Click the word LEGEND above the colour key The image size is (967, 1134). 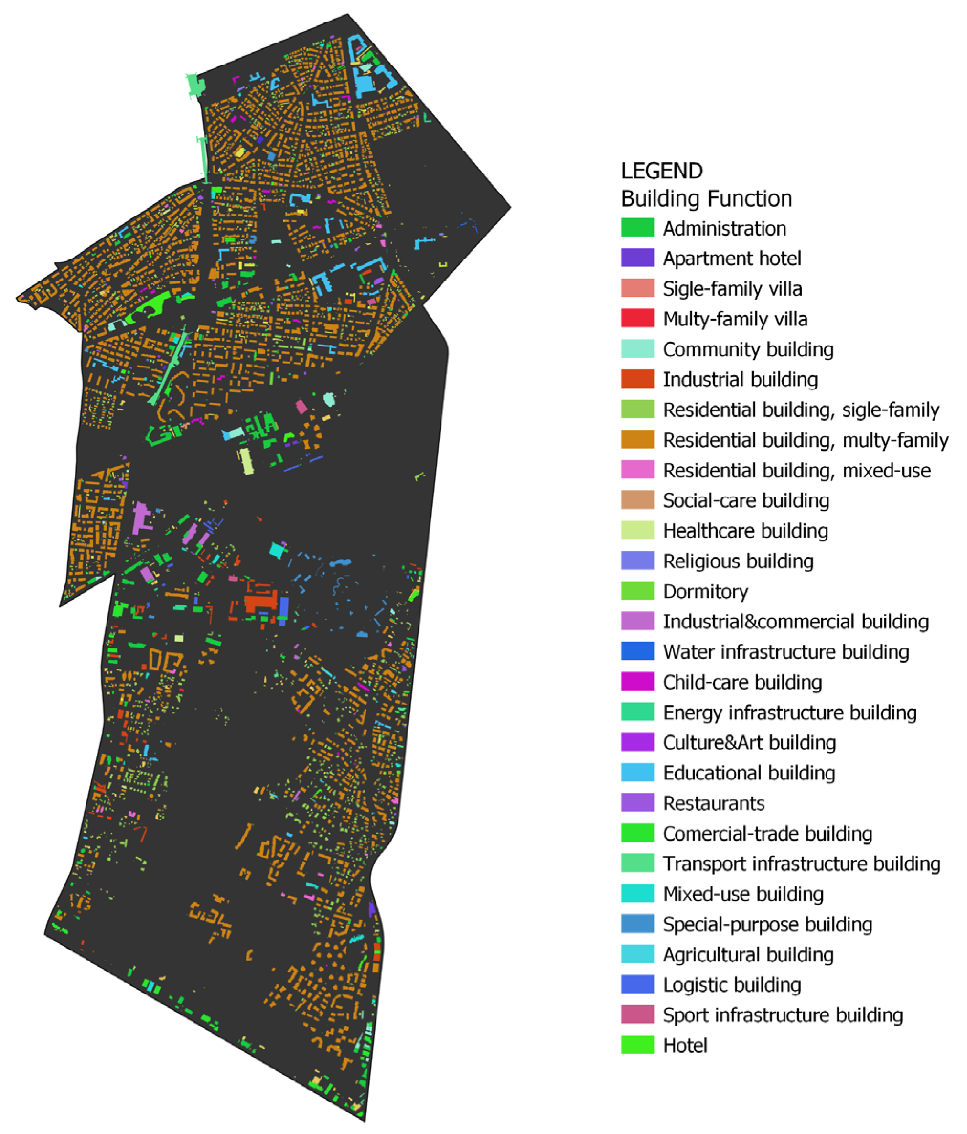click(661, 171)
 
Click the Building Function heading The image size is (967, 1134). click(706, 199)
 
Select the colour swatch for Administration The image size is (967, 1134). click(637, 227)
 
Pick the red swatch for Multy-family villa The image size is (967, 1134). click(637, 319)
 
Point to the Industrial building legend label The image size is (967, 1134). click(740, 379)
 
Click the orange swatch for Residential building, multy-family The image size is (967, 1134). click(637, 440)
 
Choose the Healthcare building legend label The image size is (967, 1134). click(745, 531)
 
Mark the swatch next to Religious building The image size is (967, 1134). click(637, 561)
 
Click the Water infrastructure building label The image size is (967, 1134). click(786, 652)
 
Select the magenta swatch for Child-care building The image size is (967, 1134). click(637, 682)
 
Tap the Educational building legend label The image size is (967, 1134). click(749, 773)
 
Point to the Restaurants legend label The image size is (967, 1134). click(714, 803)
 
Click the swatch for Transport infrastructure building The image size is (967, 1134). click(637, 863)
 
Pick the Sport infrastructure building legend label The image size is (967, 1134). click(783, 1015)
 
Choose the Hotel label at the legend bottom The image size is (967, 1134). click(685, 1045)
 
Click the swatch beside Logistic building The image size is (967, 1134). click(637, 984)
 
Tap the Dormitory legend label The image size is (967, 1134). click(705, 592)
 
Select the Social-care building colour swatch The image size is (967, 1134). click(637, 500)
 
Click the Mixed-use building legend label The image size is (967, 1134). click(743, 894)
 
